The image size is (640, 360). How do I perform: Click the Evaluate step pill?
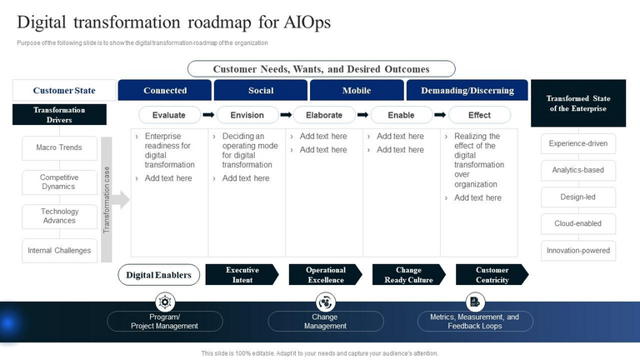(x=169, y=115)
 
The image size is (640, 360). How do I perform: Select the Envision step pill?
(x=247, y=115)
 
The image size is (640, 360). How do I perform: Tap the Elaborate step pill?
(x=324, y=115)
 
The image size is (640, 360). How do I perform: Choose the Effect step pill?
(x=479, y=115)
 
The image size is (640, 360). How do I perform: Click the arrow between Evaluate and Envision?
(x=208, y=115)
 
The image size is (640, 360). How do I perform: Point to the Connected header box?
(x=165, y=90)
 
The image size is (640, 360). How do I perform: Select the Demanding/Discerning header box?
(x=467, y=90)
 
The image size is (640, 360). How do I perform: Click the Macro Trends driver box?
(x=59, y=148)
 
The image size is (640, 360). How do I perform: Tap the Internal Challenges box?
(x=59, y=250)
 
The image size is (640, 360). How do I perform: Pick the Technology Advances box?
(x=59, y=217)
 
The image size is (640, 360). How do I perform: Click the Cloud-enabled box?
(x=578, y=223)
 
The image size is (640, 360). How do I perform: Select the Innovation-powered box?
(x=578, y=250)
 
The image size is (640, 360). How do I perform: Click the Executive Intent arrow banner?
(x=242, y=275)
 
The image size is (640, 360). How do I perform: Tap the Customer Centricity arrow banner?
(x=492, y=275)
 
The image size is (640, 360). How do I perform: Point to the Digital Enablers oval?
(x=158, y=275)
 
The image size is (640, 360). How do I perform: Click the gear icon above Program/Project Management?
(x=165, y=302)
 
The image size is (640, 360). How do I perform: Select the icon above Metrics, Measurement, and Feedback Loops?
(x=474, y=302)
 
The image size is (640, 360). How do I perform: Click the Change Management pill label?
(x=325, y=322)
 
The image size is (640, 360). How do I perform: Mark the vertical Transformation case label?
(x=106, y=200)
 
